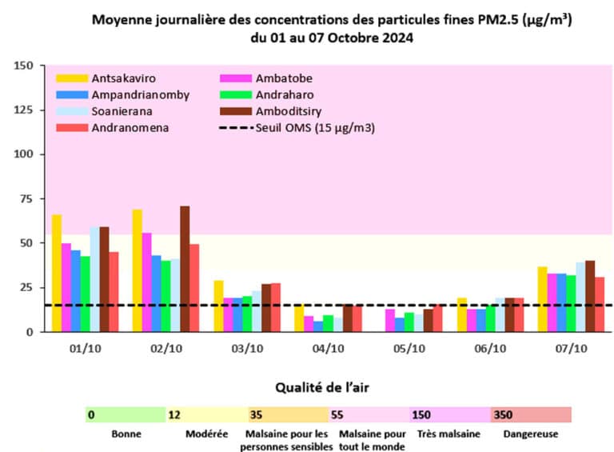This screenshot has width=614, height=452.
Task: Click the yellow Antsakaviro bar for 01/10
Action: (x=57, y=273)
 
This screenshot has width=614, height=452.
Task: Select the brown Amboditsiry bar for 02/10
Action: (x=185, y=269)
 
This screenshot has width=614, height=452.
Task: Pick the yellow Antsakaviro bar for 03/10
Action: (x=219, y=306)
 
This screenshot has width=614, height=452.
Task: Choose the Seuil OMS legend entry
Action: (x=316, y=128)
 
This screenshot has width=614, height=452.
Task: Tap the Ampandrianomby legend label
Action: (x=141, y=94)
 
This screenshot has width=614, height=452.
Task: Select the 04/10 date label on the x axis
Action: (x=328, y=348)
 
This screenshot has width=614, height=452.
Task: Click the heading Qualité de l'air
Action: (x=328, y=387)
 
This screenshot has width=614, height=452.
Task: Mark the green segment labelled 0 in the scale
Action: (x=125, y=414)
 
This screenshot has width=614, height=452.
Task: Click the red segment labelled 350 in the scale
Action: (x=531, y=414)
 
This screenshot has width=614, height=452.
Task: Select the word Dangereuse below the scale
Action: (x=531, y=434)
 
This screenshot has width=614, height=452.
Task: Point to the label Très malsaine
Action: (x=449, y=434)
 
